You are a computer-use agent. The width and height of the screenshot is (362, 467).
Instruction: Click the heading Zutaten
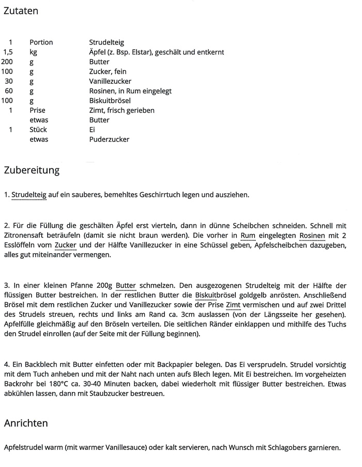[x=21, y=11]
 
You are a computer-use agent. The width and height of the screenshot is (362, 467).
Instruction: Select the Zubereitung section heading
[x=32, y=170]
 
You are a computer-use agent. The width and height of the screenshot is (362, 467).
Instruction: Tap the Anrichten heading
[x=26, y=423]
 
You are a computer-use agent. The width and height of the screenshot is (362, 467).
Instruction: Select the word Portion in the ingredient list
[x=41, y=42]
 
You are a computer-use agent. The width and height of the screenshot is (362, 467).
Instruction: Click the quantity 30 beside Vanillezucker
[x=9, y=82]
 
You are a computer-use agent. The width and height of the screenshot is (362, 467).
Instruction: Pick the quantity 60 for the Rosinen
[x=9, y=91]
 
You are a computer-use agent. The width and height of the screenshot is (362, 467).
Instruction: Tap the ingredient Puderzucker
[x=109, y=139]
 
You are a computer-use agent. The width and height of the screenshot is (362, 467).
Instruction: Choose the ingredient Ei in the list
[x=92, y=130]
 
